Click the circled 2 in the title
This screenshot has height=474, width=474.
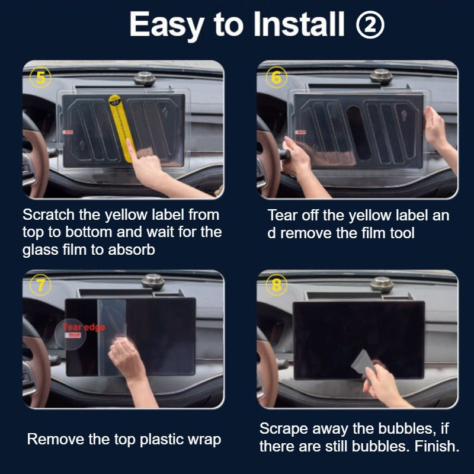click(371, 24)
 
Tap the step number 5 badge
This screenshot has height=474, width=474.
click(40, 78)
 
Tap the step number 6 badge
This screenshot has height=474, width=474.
click(276, 78)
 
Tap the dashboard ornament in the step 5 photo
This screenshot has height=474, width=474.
click(144, 77)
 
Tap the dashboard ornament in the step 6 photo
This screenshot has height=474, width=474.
click(380, 76)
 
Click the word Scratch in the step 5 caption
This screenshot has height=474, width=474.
click(45, 214)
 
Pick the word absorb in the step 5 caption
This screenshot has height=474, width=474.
click(132, 250)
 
